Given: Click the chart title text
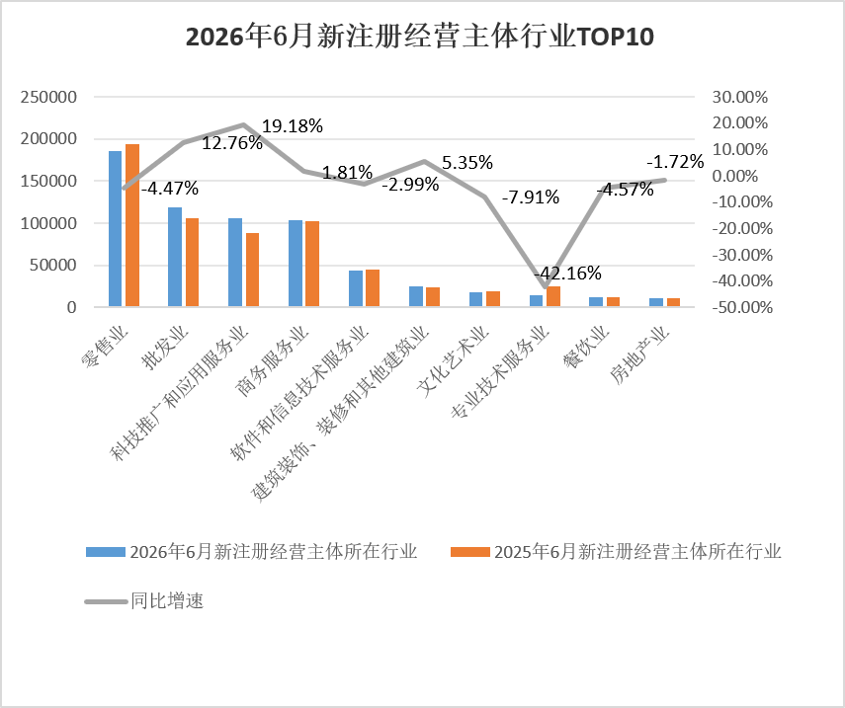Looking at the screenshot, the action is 420,37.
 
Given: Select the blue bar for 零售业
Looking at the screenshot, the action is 116,229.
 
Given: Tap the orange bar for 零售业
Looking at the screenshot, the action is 132,225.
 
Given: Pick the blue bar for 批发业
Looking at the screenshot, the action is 175,257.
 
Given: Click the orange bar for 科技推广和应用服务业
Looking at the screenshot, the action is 252,270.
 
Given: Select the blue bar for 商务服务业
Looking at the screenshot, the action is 296,264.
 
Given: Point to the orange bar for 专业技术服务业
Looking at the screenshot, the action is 553,296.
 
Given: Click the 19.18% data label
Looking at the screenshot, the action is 293,126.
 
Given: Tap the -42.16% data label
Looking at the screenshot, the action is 567,273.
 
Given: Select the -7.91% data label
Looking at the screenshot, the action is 531,197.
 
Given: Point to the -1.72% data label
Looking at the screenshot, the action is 675,162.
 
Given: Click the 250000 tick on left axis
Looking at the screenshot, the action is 48,97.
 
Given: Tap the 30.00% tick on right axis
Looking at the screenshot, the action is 740,97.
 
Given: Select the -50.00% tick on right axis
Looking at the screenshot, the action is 742,307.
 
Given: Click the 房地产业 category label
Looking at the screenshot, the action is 639,355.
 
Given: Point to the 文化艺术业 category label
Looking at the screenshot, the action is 454,361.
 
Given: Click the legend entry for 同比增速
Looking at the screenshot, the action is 144,600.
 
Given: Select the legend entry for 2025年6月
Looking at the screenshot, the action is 616,552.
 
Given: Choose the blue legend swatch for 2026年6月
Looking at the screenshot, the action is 106,552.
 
